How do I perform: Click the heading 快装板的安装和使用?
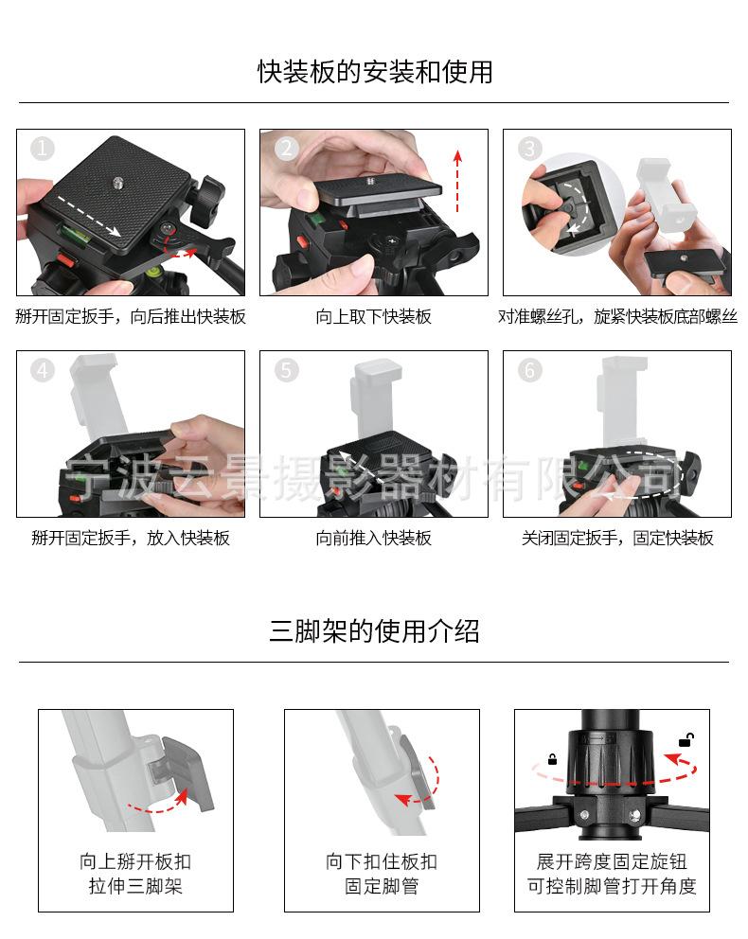tap(375, 72)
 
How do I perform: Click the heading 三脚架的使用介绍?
tap(374, 631)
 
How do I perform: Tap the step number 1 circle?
tap(43, 149)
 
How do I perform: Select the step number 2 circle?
tap(286, 149)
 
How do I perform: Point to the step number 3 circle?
tap(530, 149)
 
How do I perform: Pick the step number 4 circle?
tap(43, 370)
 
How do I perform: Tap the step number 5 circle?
tap(286, 370)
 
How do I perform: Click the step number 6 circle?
tap(530, 370)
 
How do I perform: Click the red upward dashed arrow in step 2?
tap(457, 181)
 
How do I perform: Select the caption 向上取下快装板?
tap(374, 316)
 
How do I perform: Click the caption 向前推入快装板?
tap(374, 538)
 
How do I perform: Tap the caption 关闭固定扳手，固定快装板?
tap(617, 538)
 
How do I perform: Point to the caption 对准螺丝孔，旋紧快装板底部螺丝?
tap(617, 316)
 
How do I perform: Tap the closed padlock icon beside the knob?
tap(552, 759)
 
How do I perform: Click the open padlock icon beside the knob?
tap(686, 740)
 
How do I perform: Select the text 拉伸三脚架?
tap(135, 886)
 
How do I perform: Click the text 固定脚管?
tap(382, 886)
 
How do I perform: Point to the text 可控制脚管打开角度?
tap(612, 886)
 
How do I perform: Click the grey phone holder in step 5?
tap(374, 399)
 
